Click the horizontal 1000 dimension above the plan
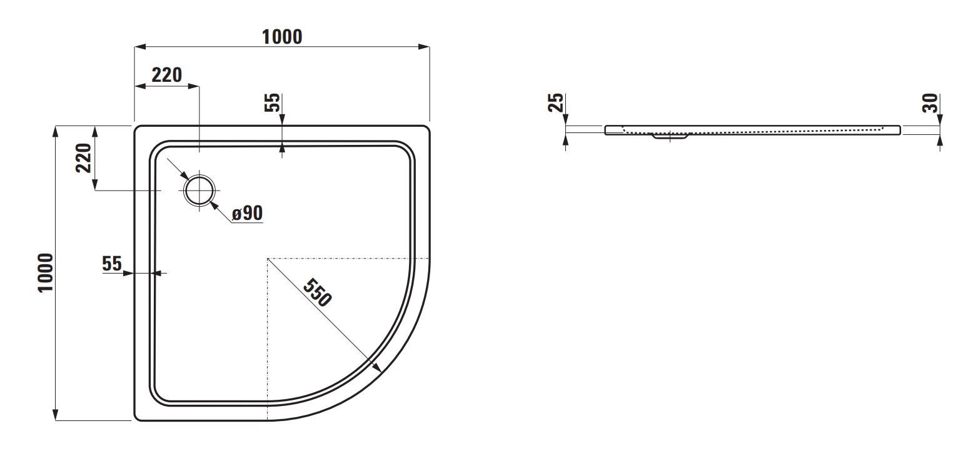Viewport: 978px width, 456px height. click(282, 37)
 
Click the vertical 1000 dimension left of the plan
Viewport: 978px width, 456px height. click(46, 272)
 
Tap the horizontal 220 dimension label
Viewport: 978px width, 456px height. click(167, 75)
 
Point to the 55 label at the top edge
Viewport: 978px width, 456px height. click(273, 102)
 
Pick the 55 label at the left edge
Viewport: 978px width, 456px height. click(112, 264)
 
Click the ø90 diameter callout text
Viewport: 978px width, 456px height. click(247, 213)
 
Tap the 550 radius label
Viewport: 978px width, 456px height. click(318, 292)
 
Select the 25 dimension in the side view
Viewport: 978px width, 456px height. click(556, 102)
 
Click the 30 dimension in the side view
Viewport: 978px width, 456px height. click(930, 103)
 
